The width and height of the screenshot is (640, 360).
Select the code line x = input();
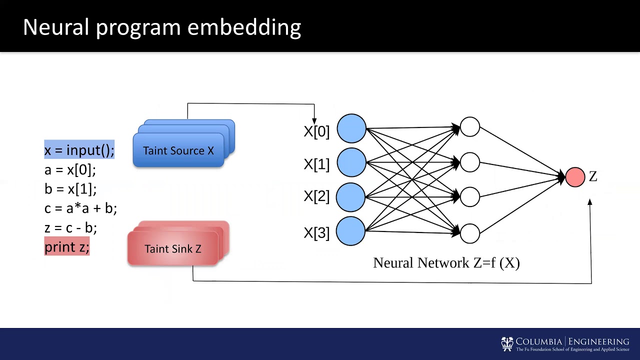79,150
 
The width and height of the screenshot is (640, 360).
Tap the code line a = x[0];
69,170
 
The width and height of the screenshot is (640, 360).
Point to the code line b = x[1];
70,189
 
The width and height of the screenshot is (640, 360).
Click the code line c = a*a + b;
80,208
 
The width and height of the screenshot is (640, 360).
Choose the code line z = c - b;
70,227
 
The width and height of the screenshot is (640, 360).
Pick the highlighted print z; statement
66,246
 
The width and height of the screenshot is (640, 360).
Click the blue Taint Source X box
178,150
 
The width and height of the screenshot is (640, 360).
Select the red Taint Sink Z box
173,248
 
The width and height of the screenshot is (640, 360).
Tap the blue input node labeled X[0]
351,128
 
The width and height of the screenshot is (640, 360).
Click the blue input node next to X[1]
351,162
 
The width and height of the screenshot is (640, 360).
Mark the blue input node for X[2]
351,197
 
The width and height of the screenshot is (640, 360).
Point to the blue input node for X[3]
351,231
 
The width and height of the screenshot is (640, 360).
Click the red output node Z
575,177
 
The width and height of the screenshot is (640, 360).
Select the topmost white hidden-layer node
469,127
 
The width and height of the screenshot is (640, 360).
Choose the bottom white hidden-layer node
469,233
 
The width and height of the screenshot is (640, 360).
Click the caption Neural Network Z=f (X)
446,263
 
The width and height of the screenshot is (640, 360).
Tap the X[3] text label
316,232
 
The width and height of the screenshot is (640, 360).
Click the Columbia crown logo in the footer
507,343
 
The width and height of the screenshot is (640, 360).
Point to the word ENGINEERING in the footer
598,341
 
